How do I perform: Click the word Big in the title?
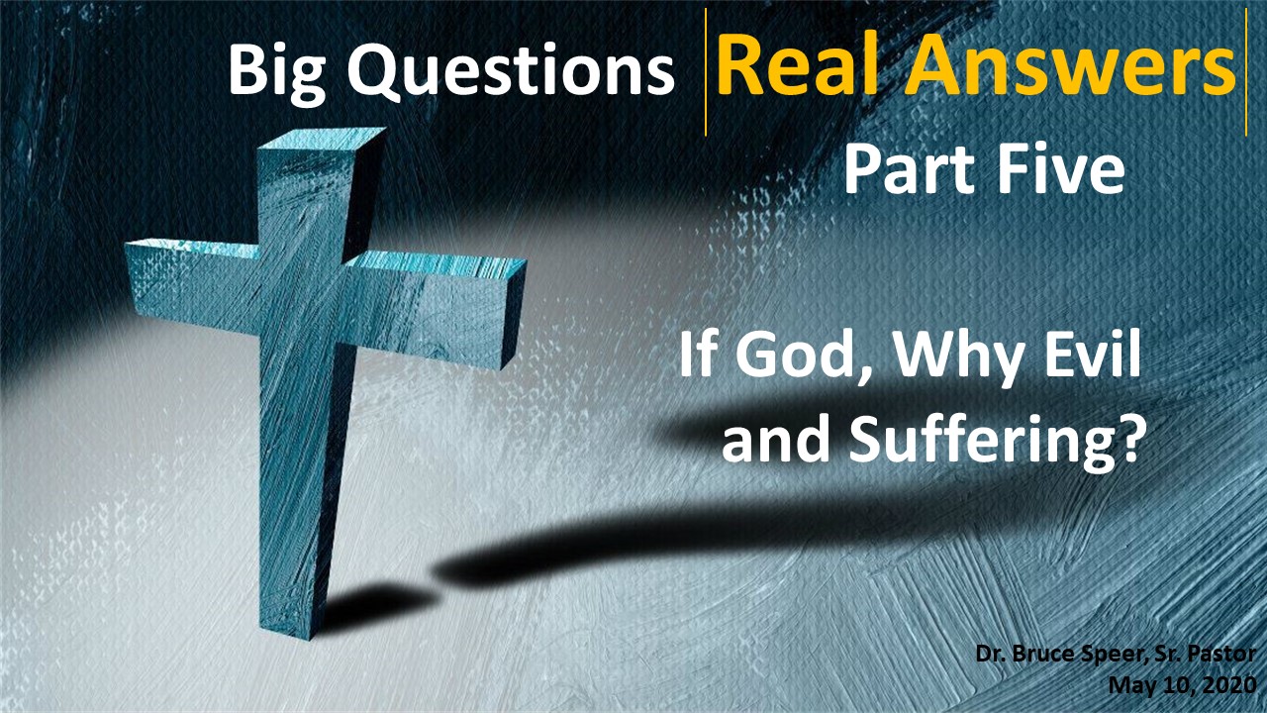tap(276, 73)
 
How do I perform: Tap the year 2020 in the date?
tap(1229, 686)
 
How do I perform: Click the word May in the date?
tap(1130, 687)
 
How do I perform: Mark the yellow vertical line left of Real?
tap(706, 72)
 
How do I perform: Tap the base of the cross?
tap(287, 629)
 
